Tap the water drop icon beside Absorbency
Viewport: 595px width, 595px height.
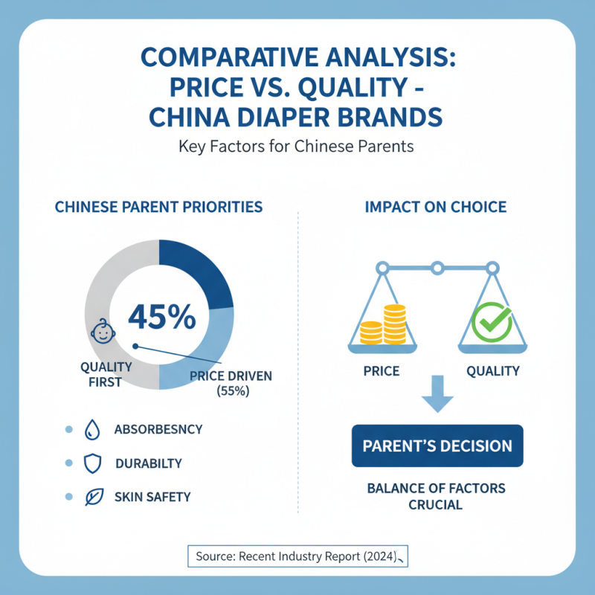[x=92, y=429]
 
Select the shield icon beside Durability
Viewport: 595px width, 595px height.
[x=92, y=463]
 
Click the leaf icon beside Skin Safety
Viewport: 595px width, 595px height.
[x=92, y=497]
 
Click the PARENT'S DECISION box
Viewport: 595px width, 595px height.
[x=437, y=446]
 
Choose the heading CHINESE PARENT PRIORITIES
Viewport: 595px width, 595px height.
[x=158, y=207]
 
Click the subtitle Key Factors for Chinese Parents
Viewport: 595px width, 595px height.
[x=296, y=147]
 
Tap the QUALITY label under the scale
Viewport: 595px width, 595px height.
[x=492, y=370]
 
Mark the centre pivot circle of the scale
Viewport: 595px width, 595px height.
[x=437, y=267]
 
